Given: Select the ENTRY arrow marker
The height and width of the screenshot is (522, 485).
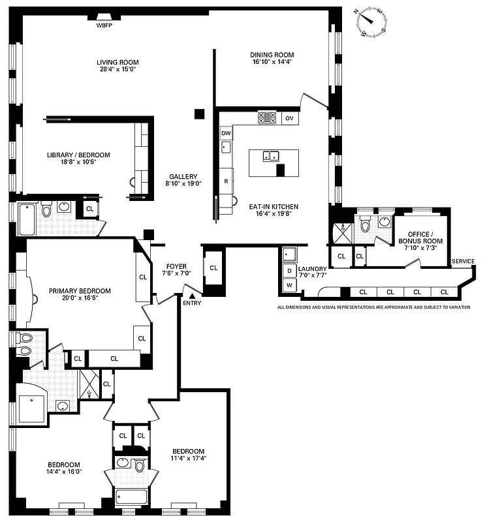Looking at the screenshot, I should click(192, 296).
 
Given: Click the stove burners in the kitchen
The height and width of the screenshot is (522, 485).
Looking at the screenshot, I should click(267, 118).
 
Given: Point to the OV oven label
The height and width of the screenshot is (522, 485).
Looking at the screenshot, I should click(290, 118).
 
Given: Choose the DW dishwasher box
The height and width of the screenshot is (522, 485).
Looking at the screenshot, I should click(226, 133).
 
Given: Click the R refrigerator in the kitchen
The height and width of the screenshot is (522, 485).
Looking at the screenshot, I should click(226, 181).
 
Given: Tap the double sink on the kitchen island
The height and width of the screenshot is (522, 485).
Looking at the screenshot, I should click(271, 156).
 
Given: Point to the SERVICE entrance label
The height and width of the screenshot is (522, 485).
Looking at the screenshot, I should click(463, 262).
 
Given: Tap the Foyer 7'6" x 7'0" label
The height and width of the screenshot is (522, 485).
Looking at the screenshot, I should click(176, 270).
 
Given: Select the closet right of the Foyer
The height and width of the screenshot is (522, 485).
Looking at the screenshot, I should click(213, 268).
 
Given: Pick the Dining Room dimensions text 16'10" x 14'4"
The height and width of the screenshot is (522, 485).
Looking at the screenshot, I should click(272, 63).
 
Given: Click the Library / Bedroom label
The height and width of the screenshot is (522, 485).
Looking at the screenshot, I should click(78, 159).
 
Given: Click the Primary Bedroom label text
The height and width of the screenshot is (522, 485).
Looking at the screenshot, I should click(80, 295).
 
